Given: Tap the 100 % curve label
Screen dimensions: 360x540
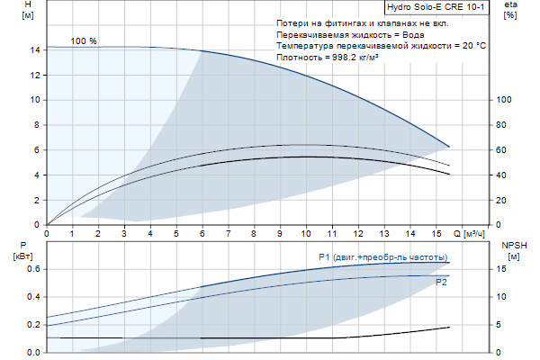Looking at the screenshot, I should click(x=84, y=41).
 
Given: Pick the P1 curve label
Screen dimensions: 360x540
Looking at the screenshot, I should click(x=382, y=257).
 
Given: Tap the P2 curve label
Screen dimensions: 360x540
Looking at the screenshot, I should click(x=442, y=283).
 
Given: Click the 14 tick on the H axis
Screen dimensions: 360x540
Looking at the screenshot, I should click(x=34, y=50).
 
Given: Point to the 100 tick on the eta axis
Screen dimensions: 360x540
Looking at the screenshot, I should click(x=503, y=100).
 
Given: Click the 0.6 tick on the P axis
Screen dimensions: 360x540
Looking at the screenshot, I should click(x=33, y=269).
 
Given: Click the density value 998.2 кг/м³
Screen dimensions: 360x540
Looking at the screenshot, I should click(x=354, y=57).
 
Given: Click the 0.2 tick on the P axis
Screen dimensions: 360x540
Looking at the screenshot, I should click(x=33, y=325).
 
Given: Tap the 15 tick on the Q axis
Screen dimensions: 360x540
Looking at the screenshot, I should click(x=436, y=233).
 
